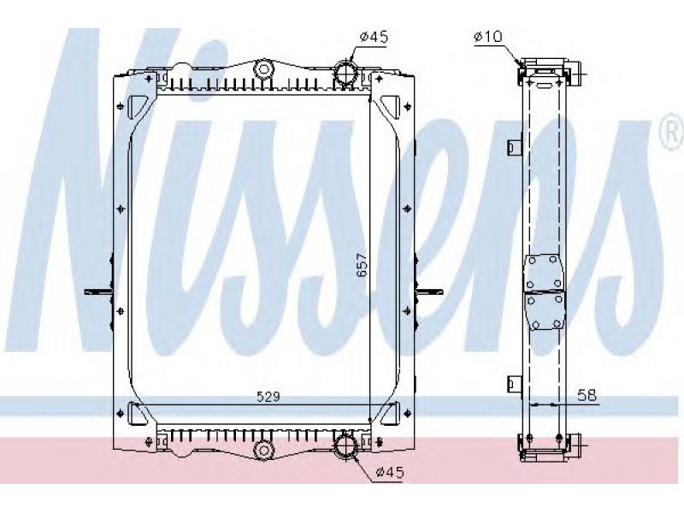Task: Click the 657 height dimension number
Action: pos(363,265)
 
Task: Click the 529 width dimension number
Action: pos(268,397)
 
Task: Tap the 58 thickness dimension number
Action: pos(587,395)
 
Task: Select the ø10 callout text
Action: pos(488,36)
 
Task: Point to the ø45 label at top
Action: pos(374,37)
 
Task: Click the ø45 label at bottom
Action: pos(390,472)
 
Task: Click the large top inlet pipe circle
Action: pos(346,73)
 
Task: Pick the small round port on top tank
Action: pos(263,69)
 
